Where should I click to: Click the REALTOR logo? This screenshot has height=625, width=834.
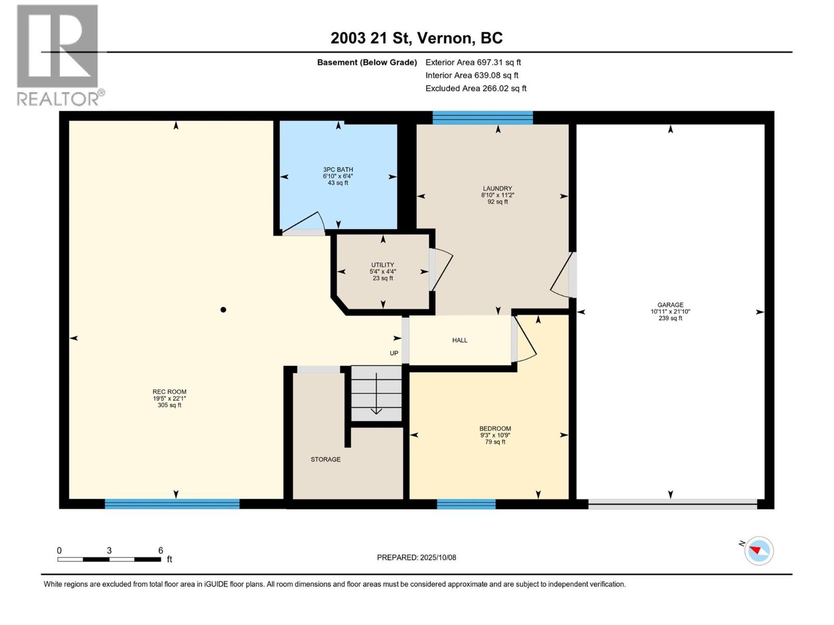(x=58, y=55)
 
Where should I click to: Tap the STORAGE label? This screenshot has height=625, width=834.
(x=325, y=459)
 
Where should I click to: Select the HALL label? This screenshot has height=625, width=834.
(x=459, y=340)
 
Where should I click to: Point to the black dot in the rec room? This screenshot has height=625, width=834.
(x=223, y=310)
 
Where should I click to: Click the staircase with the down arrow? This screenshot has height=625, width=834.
(x=376, y=393)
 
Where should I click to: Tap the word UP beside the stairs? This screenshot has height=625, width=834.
(x=394, y=353)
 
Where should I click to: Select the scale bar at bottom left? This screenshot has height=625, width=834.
(x=109, y=559)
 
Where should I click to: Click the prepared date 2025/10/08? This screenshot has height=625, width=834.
(x=416, y=557)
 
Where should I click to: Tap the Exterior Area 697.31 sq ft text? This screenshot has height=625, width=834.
(x=473, y=62)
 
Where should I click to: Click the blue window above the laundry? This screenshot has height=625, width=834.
(x=483, y=118)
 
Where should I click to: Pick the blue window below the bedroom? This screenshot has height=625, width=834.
(x=466, y=504)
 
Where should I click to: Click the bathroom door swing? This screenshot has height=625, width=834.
(x=304, y=224)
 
